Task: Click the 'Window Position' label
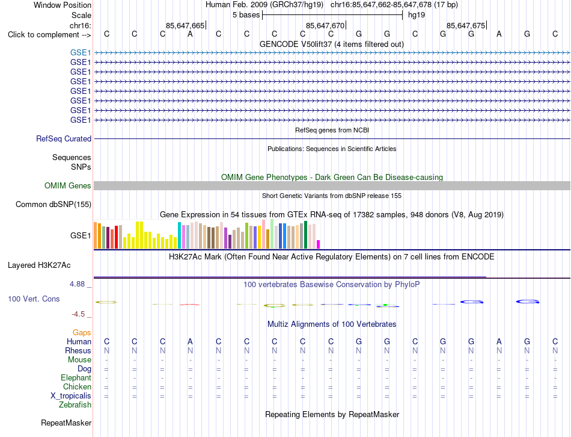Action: click(x=63, y=5)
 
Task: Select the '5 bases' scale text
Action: click(x=246, y=15)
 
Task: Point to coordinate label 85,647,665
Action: click(x=185, y=25)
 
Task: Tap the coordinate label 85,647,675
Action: click(x=466, y=25)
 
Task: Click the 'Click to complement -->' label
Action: click(x=49, y=35)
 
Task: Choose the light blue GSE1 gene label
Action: click(x=81, y=52)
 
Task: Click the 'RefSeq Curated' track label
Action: click(x=64, y=138)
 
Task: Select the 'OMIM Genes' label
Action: click(x=68, y=185)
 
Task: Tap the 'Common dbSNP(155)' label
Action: click(x=53, y=204)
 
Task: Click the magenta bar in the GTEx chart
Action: click(x=319, y=244)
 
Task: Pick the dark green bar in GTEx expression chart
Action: click(x=305, y=235)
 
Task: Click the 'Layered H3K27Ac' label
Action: click(x=39, y=265)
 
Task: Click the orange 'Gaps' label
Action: click(x=82, y=332)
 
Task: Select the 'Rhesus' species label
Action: click(x=78, y=350)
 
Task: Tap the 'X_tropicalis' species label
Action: click(x=71, y=396)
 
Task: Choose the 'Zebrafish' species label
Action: click(x=75, y=405)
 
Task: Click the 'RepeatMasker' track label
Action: click(x=66, y=423)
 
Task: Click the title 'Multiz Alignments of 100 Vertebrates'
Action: click(x=332, y=324)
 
